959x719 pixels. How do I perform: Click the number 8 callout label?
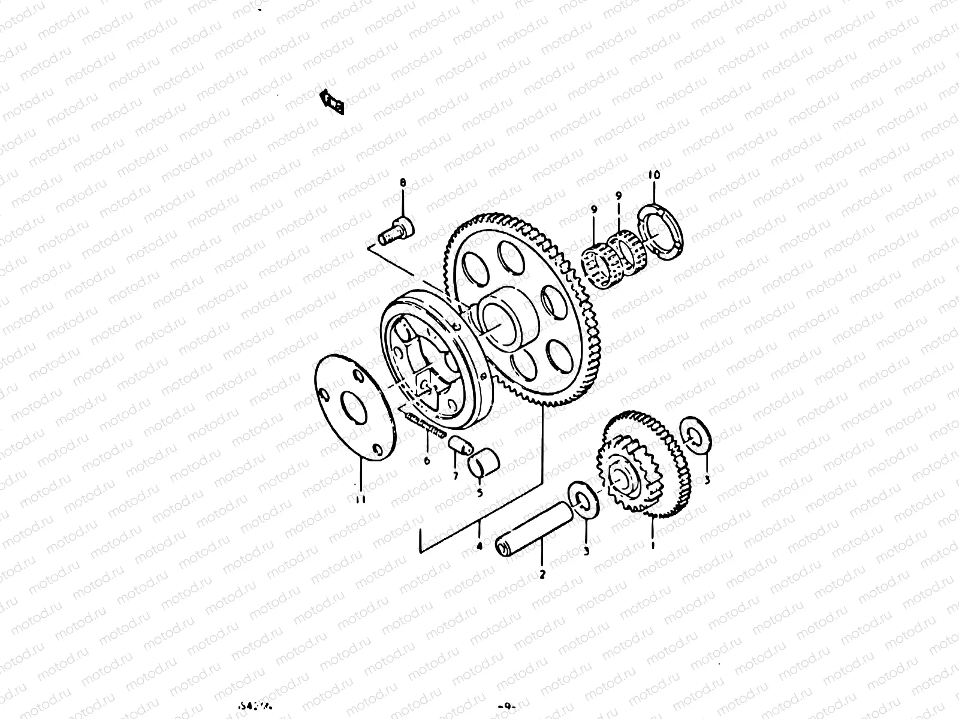coord(403,182)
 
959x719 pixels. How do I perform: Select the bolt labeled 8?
coord(394,232)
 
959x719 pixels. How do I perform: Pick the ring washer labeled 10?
coord(659,231)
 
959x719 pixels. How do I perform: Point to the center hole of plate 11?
coord(352,407)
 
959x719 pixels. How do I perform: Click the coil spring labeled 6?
coord(426,427)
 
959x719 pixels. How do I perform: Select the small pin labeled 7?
coord(460,446)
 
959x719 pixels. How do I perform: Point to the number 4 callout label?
coord(479,546)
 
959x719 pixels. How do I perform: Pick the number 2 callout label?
coord(542,574)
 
